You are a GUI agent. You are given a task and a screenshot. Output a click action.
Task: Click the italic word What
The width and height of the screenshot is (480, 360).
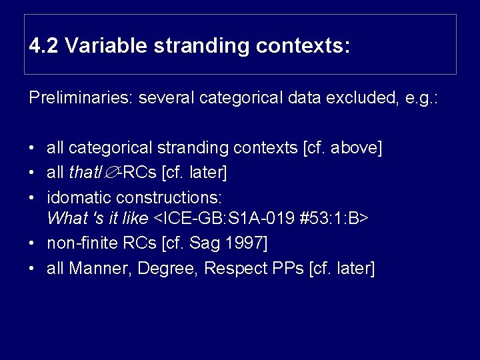point(65,218)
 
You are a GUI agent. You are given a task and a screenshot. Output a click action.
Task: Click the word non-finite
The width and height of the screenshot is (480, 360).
point(79,243)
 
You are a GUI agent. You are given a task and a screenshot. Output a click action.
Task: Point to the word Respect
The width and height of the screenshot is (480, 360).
point(233,269)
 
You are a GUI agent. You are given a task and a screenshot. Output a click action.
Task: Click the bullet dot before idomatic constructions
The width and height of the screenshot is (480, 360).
point(32,198)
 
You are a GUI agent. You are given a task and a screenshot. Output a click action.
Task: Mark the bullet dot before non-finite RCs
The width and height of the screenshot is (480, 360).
point(32,243)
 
